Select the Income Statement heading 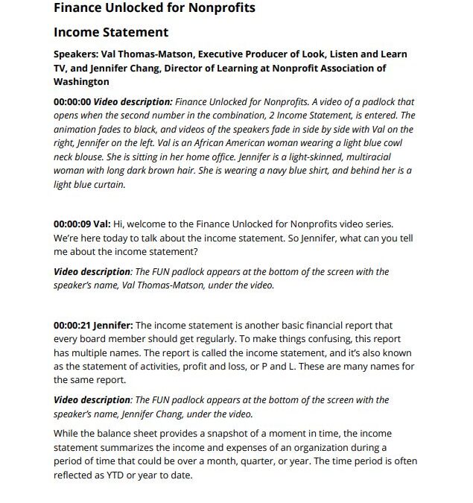(111, 33)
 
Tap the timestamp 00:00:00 (72, 101)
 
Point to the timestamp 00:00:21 (72, 326)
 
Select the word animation (77, 128)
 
